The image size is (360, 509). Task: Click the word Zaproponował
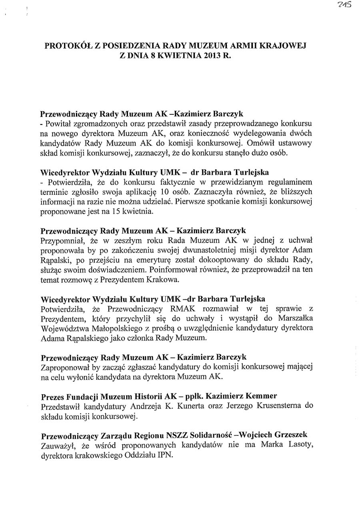[x=65, y=367]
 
